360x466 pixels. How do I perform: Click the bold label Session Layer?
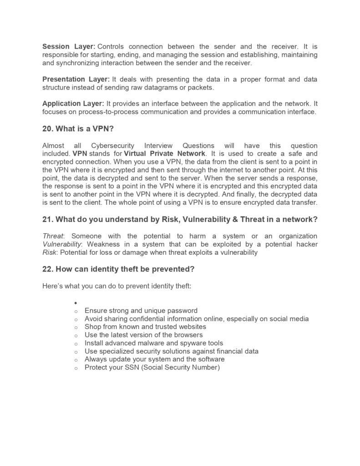pos(69,46)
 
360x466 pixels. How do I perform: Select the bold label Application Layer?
pos(73,104)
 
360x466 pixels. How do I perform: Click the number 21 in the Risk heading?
pos(47,219)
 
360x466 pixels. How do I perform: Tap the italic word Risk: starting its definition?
pos(50,252)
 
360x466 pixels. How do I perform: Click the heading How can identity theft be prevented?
pos(125,269)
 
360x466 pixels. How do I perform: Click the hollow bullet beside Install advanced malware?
pos(76,343)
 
